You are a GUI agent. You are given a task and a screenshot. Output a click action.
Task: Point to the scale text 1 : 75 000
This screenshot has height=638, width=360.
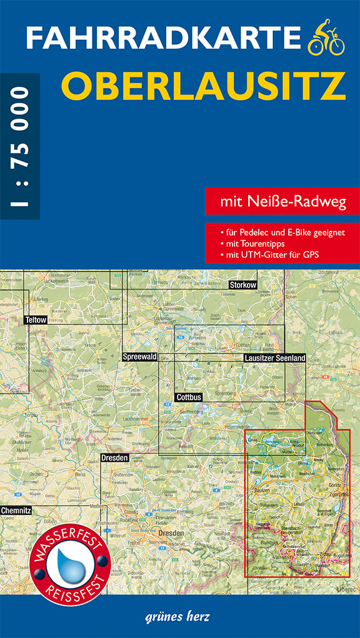pyautogui.click(x=19, y=146)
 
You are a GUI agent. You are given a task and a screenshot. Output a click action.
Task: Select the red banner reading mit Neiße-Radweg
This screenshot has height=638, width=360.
pyautogui.click(x=282, y=202)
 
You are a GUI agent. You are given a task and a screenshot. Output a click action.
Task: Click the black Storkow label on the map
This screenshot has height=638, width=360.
pyautogui.click(x=243, y=285)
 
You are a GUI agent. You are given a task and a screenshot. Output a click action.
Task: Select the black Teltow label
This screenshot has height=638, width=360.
pyautogui.click(x=36, y=320)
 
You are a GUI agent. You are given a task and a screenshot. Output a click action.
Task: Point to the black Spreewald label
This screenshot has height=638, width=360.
pyautogui.click(x=139, y=356)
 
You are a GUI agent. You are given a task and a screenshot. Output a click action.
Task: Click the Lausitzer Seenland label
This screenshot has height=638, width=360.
pyautogui.click(x=274, y=358)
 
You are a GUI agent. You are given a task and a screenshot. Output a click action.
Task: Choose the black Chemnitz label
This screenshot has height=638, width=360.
pyautogui.click(x=16, y=510)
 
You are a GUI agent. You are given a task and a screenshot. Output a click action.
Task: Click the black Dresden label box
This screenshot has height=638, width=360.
pyautogui.click(x=114, y=458)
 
